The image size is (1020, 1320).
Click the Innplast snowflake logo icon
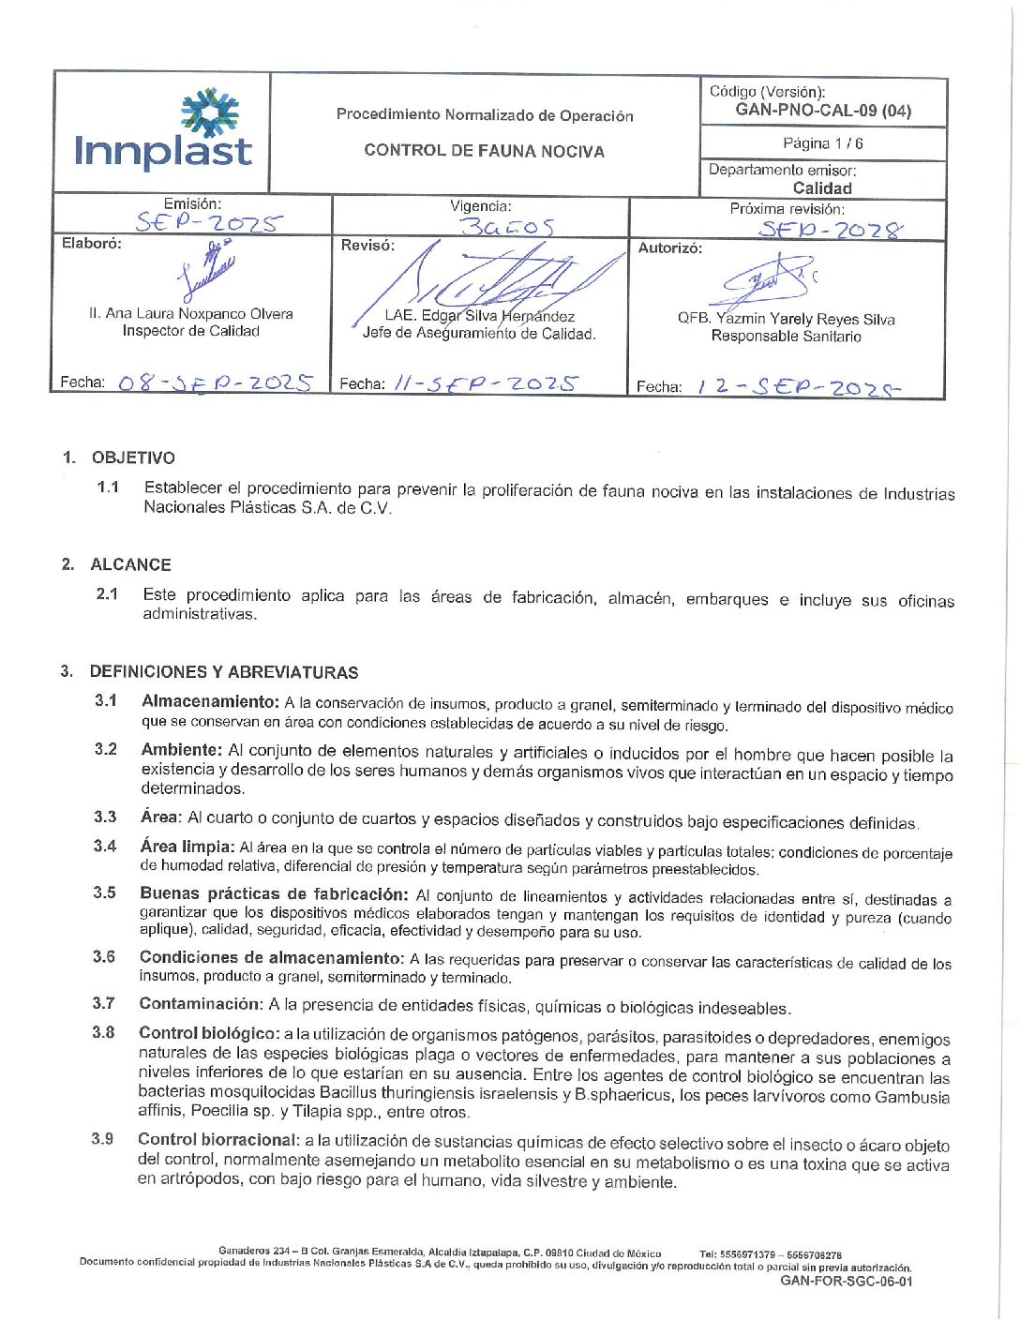210,114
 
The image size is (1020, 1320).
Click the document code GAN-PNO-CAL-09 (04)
822,111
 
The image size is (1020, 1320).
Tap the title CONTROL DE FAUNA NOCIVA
484,151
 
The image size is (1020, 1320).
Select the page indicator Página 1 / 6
822,143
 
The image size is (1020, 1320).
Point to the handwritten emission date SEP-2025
207,223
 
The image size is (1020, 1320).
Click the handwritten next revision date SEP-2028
831,230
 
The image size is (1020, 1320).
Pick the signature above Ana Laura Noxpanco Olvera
208,272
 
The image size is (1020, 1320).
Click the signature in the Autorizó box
769,280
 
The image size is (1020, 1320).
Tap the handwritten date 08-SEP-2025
216,382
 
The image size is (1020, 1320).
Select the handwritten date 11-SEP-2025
486,383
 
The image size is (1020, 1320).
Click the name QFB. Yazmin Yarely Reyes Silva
786,319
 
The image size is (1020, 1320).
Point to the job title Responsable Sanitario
786,337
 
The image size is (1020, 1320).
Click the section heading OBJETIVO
133,457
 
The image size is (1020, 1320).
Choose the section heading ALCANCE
130,564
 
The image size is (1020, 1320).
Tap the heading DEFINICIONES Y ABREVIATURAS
223,672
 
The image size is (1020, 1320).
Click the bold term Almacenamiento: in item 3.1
210,701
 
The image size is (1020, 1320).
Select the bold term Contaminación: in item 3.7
201,1004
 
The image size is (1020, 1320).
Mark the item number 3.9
102,1139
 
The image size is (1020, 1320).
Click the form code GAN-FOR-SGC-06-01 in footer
846,1282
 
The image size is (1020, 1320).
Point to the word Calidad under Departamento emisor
822,187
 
